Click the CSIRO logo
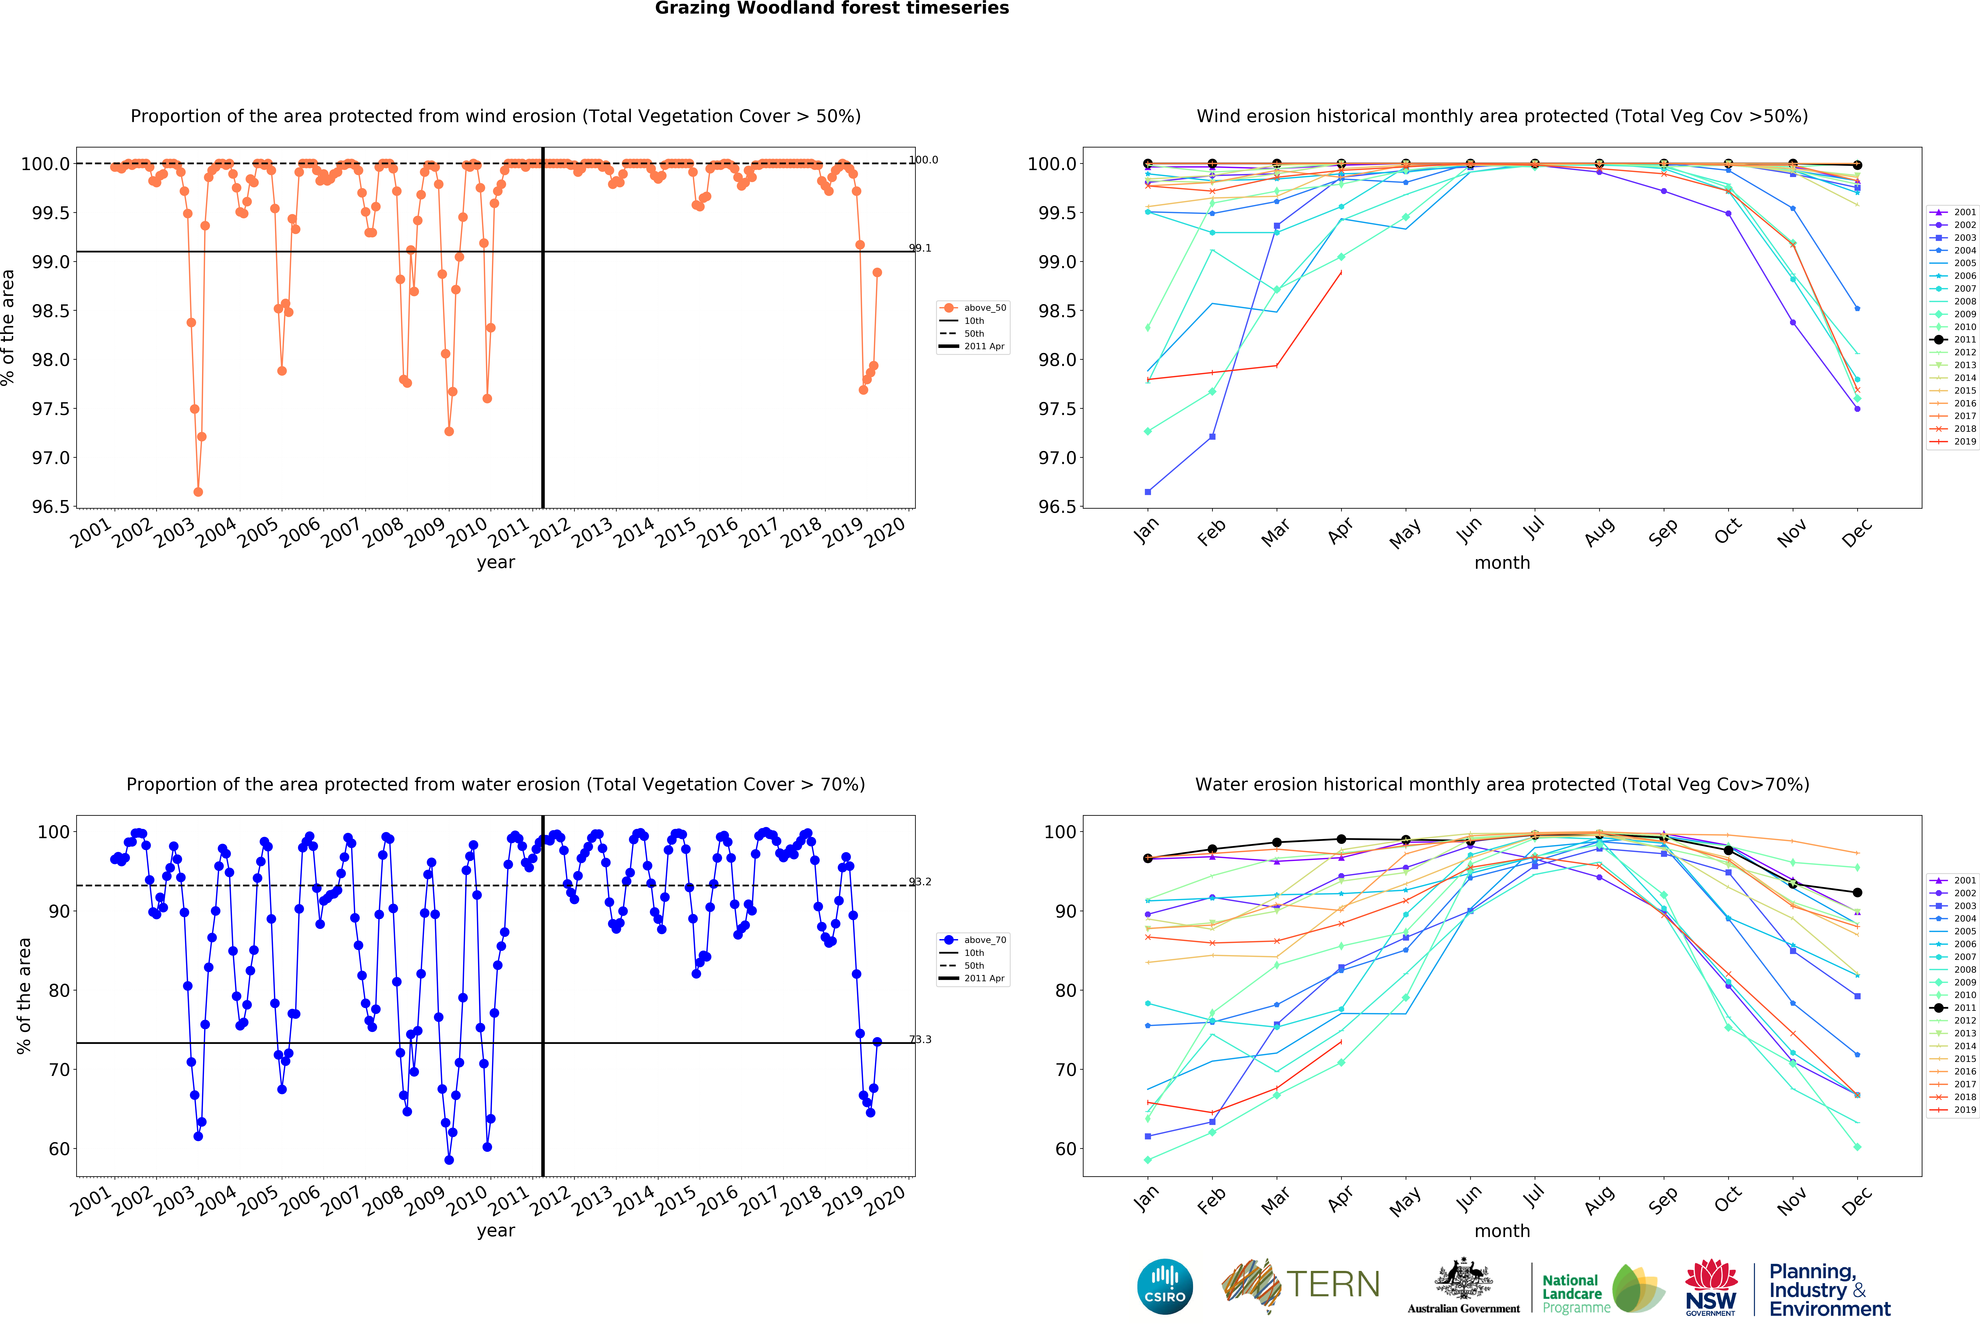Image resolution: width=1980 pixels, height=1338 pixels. [x=1165, y=1286]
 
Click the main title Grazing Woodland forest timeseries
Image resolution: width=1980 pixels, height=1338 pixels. [x=832, y=9]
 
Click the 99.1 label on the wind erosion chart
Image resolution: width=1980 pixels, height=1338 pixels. [x=920, y=248]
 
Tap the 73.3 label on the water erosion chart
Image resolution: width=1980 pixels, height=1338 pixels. [x=920, y=1040]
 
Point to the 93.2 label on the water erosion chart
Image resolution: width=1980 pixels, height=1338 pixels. [x=920, y=882]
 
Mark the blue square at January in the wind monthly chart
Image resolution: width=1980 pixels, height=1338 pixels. [x=1148, y=492]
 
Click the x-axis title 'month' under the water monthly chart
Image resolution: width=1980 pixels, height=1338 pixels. [x=1502, y=1231]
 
